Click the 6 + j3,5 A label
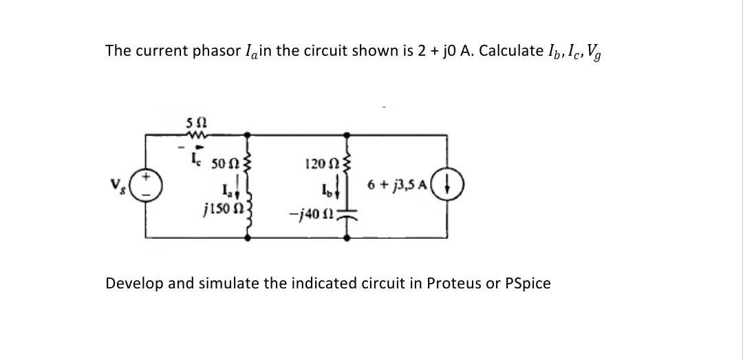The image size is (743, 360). click(399, 187)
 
